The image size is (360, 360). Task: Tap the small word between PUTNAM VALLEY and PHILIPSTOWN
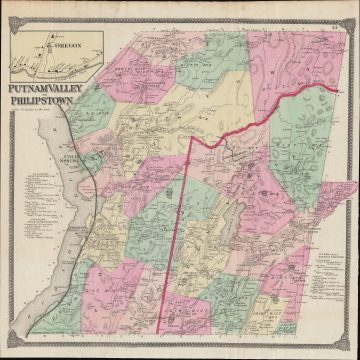tap(10, 102)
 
